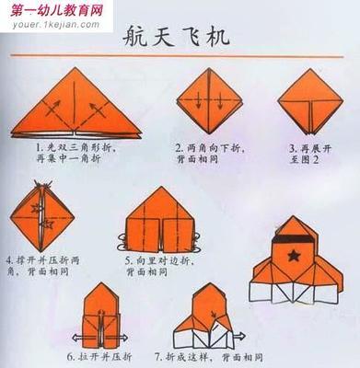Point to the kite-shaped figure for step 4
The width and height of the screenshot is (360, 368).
(41, 213)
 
